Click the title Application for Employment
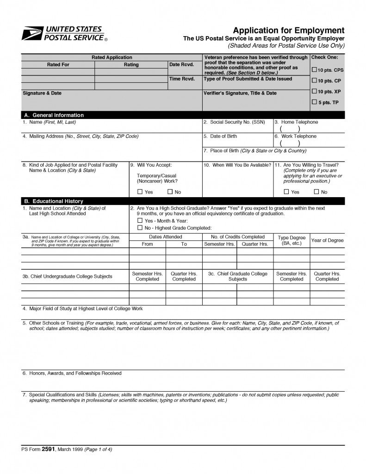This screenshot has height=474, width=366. coord(289,30)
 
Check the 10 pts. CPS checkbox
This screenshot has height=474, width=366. coord(315,70)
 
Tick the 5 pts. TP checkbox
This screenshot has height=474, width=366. coord(315,102)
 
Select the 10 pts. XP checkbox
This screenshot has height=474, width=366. coord(315,91)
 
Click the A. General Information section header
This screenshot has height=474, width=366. coord(54,115)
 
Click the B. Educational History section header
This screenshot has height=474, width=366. coord(53,201)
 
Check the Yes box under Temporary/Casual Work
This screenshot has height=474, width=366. coord(140,192)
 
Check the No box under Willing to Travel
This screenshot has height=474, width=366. coord(316,192)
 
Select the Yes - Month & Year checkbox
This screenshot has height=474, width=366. coord(140,221)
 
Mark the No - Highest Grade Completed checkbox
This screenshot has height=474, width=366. coord(140,228)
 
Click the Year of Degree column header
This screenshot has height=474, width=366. coord(327,240)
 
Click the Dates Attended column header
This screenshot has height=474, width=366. coord(165,237)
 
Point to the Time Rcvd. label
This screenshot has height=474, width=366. coord(182,79)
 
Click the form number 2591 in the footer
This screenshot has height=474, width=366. coord(48,449)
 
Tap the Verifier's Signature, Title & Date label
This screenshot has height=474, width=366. coord(240,93)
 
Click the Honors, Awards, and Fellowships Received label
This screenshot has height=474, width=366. coord(72,373)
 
